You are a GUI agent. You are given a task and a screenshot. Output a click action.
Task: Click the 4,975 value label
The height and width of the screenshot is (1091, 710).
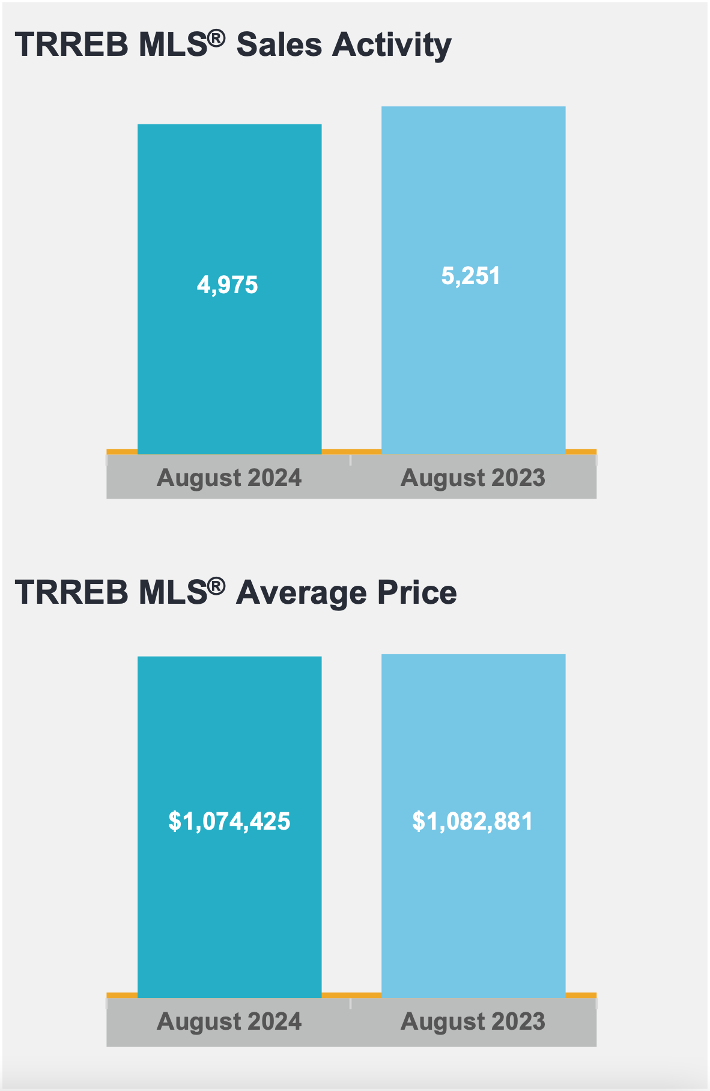point(228,285)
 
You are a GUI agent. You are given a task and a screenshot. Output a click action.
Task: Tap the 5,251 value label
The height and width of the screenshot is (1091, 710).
point(471,276)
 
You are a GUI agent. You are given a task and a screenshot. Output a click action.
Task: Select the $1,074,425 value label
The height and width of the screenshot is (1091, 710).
point(229,821)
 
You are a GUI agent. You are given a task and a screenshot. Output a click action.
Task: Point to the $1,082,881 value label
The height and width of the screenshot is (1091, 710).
point(473,821)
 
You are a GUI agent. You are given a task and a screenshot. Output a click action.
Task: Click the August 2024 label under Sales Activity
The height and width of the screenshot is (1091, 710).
point(229,478)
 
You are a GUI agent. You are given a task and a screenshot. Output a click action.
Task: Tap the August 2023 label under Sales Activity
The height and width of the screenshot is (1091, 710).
point(473,478)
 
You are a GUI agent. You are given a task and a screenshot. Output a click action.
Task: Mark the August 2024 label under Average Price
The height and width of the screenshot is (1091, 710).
point(229,1021)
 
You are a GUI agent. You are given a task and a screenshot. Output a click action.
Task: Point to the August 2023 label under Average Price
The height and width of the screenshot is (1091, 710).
point(473,1021)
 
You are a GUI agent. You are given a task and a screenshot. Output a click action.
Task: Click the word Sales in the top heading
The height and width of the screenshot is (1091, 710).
point(279,44)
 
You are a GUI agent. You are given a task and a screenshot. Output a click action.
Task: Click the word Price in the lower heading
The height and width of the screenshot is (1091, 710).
point(417,592)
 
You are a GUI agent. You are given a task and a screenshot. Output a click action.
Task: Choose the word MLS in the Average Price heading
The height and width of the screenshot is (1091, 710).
point(173,592)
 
